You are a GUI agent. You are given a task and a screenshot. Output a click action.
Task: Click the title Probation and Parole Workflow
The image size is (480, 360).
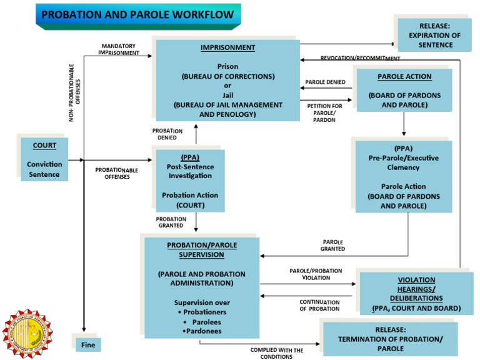click(x=137, y=14)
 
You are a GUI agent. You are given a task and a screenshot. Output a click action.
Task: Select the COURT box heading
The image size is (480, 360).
click(x=44, y=146)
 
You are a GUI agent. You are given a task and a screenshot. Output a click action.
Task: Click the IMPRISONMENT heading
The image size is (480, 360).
click(x=227, y=47)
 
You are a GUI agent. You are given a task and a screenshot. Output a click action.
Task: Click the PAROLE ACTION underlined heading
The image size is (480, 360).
click(x=404, y=77)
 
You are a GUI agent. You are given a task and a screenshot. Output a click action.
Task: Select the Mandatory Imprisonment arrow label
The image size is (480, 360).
click(x=119, y=49)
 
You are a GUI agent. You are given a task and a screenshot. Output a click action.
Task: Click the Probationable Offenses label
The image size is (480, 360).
click(x=116, y=173)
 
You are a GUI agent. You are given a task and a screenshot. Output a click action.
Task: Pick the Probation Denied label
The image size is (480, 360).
click(x=167, y=134)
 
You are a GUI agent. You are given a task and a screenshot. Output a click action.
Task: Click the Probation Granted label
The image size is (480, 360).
click(x=171, y=222)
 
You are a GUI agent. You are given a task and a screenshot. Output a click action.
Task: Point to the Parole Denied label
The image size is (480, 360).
click(x=325, y=82)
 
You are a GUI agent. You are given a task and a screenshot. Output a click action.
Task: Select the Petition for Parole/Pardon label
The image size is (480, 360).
click(x=324, y=112)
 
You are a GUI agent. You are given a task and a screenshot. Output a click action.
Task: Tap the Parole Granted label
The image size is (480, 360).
click(x=332, y=245)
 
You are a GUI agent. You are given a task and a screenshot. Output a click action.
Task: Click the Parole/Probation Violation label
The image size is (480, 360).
click(x=316, y=274)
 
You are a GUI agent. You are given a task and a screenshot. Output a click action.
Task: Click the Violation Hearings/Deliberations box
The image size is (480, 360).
click(x=416, y=294)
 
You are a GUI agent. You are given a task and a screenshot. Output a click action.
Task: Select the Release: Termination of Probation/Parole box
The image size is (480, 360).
click(x=390, y=339)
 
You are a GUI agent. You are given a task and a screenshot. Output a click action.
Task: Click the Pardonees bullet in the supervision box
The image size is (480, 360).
click(x=201, y=331)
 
